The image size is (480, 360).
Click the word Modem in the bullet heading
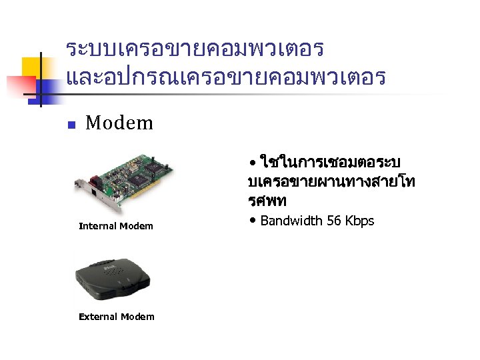119,123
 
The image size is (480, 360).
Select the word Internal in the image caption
97,226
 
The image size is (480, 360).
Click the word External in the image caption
97,317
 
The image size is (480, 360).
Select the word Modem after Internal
137,226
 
